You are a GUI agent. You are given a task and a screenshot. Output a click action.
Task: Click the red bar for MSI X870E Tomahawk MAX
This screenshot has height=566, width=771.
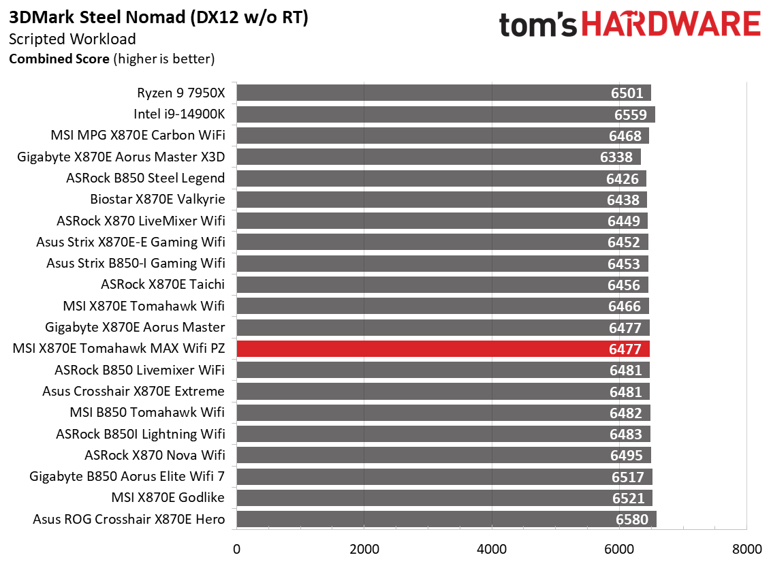[x=443, y=349]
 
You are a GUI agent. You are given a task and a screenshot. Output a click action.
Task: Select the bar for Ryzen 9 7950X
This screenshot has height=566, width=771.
[x=443, y=93]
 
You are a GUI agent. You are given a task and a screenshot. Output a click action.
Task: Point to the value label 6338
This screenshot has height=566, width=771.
[x=616, y=157]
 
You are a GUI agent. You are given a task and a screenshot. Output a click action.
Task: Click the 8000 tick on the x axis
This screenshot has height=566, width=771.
[x=746, y=549]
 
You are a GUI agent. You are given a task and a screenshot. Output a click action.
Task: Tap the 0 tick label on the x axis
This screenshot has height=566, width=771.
[x=237, y=549]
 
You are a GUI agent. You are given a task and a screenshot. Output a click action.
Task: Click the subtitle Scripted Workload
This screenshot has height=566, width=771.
[x=72, y=40]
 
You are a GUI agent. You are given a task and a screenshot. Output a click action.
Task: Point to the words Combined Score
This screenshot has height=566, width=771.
[x=59, y=59]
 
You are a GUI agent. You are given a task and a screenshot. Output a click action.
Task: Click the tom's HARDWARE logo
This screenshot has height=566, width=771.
[x=629, y=25]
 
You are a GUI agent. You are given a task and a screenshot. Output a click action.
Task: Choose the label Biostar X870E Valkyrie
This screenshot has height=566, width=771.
[x=157, y=200]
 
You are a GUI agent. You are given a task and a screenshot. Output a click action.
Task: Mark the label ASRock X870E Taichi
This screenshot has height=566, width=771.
[x=163, y=285]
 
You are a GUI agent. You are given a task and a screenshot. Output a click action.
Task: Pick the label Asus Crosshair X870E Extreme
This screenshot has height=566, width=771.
[x=133, y=392]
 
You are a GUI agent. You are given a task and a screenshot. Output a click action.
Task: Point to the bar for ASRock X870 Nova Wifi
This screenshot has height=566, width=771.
[x=443, y=455]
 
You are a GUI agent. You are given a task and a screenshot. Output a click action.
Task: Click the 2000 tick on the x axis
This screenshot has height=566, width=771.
[x=364, y=549]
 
